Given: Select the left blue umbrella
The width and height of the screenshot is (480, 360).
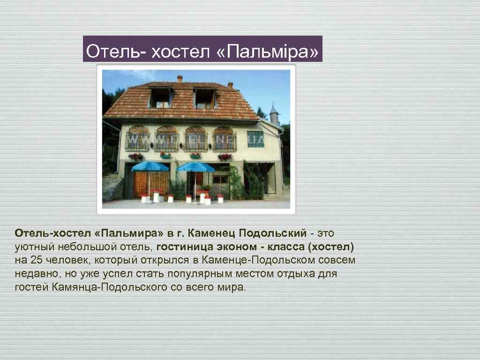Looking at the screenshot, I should (150, 166).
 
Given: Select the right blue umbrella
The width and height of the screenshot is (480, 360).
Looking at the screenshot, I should (196, 167).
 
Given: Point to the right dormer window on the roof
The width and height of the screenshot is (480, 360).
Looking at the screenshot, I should (204, 98).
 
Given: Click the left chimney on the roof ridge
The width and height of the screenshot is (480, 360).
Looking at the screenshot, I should (180, 78).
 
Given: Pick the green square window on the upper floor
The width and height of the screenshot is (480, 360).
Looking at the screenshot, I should (256, 139).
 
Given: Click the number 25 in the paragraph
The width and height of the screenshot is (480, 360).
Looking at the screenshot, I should (36, 260).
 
